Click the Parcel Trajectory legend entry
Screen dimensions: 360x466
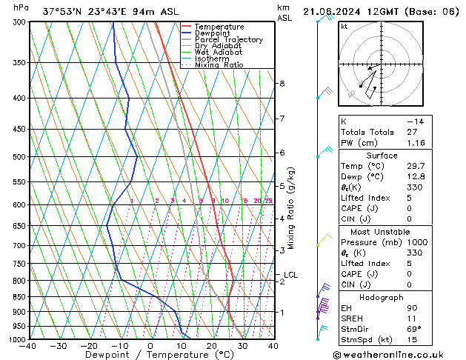pos(228,39)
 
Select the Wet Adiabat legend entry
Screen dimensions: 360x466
pos(219,52)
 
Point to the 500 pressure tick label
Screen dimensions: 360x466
pos(19,157)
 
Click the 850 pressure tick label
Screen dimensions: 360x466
pos(19,297)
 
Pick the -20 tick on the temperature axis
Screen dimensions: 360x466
pos(89,345)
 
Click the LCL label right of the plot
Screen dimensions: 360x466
pos(290,275)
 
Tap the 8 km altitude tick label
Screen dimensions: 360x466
pos(282,84)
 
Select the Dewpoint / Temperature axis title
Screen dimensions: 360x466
pos(150,355)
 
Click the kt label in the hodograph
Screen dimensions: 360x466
pos(344,27)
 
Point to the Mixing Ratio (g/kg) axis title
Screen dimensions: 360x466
pos(292,207)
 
